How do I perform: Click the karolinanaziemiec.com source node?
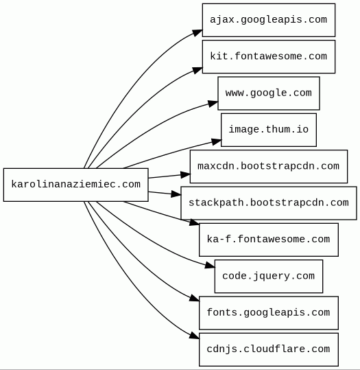[x=76, y=185]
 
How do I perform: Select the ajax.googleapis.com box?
[x=269, y=20]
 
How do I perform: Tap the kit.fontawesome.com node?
[x=269, y=56]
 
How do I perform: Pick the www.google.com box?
[x=269, y=93]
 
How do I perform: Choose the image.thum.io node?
[x=269, y=130]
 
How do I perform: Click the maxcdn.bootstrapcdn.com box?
[x=269, y=166]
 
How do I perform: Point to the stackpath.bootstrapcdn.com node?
[x=269, y=203]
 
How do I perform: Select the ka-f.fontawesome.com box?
[x=269, y=240]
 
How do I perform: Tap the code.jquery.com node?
[x=269, y=276]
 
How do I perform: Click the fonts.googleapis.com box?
[x=269, y=312]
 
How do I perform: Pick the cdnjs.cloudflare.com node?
[x=269, y=349]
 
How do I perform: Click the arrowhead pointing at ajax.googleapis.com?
[x=197, y=32]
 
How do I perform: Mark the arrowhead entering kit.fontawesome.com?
[x=197, y=70]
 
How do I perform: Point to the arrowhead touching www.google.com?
[x=213, y=104]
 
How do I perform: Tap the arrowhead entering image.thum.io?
[x=216, y=141]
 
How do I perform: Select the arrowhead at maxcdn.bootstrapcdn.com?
[x=185, y=175]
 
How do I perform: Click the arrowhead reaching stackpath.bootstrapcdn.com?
[x=176, y=194]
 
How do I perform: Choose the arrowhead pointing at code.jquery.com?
[x=210, y=266]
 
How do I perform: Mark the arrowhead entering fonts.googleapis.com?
[x=194, y=298]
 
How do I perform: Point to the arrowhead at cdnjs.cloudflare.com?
[x=194, y=336]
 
